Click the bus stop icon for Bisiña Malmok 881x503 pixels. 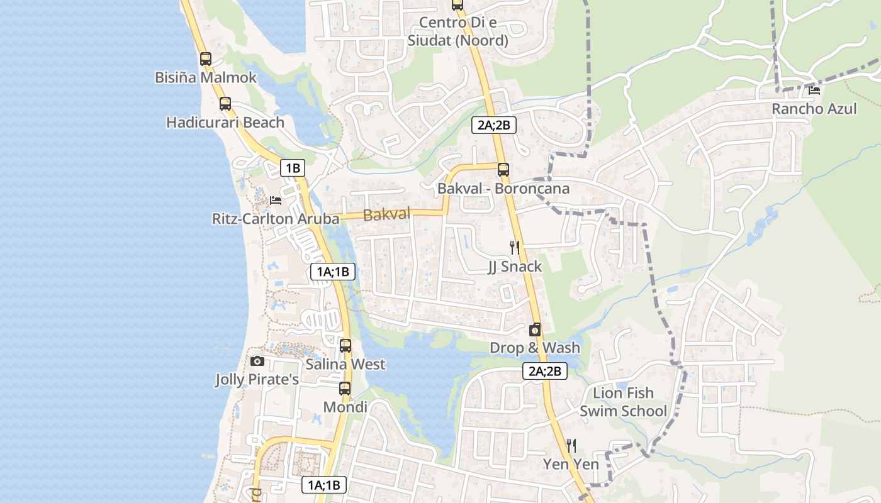click(x=206, y=59)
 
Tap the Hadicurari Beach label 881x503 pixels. click(x=225, y=123)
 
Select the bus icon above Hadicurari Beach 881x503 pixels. click(x=225, y=104)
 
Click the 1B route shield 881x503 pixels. click(x=293, y=168)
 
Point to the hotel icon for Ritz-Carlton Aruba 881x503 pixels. click(x=275, y=201)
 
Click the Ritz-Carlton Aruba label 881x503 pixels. click(x=276, y=219)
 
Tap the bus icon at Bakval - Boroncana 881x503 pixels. click(x=503, y=170)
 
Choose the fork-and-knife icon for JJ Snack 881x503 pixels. click(x=515, y=248)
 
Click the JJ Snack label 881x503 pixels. click(x=515, y=267)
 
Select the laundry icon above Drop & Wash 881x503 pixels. click(x=535, y=329)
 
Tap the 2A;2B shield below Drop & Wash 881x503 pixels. click(x=545, y=371)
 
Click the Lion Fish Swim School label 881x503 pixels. click(x=623, y=402)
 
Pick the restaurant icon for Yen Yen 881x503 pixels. click(x=571, y=446)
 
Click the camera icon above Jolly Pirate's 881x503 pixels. click(x=257, y=361)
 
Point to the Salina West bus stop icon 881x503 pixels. click(x=345, y=346)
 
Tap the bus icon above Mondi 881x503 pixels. click(x=345, y=389)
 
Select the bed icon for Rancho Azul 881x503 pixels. click(x=814, y=90)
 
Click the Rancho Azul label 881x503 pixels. click(x=814, y=109)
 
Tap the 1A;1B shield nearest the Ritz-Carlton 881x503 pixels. click(x=333, y=272)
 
